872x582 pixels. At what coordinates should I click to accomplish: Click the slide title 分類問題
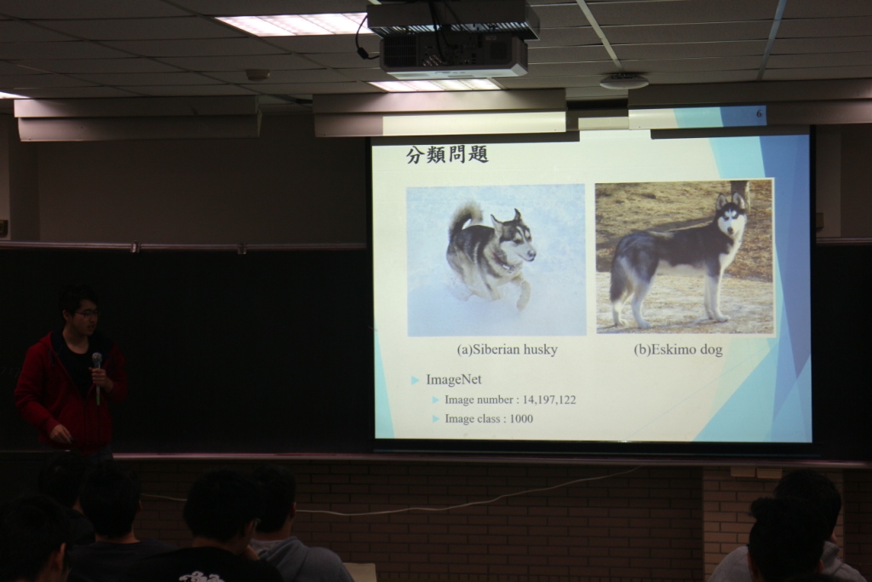coord(447,155)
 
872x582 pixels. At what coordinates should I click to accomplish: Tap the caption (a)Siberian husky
coord(507,350)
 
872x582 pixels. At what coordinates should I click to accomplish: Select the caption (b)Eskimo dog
coord(678,350)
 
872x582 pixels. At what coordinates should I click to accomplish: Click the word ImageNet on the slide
coord(454,379)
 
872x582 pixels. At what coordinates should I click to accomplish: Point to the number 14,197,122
coord(549,400)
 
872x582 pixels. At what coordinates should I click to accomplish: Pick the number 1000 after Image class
coord(521,418)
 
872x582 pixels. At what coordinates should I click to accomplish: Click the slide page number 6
coord(759,114)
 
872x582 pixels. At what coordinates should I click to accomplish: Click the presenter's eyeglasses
coord(88,314)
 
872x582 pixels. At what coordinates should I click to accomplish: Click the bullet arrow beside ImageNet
coord(415,381)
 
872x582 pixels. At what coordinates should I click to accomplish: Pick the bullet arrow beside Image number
coord(436,400)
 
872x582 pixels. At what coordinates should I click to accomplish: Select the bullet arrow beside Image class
coord(436,419)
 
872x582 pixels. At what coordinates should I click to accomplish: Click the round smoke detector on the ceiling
coord(623,81)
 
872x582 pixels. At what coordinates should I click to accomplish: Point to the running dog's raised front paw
coord(524,296)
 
